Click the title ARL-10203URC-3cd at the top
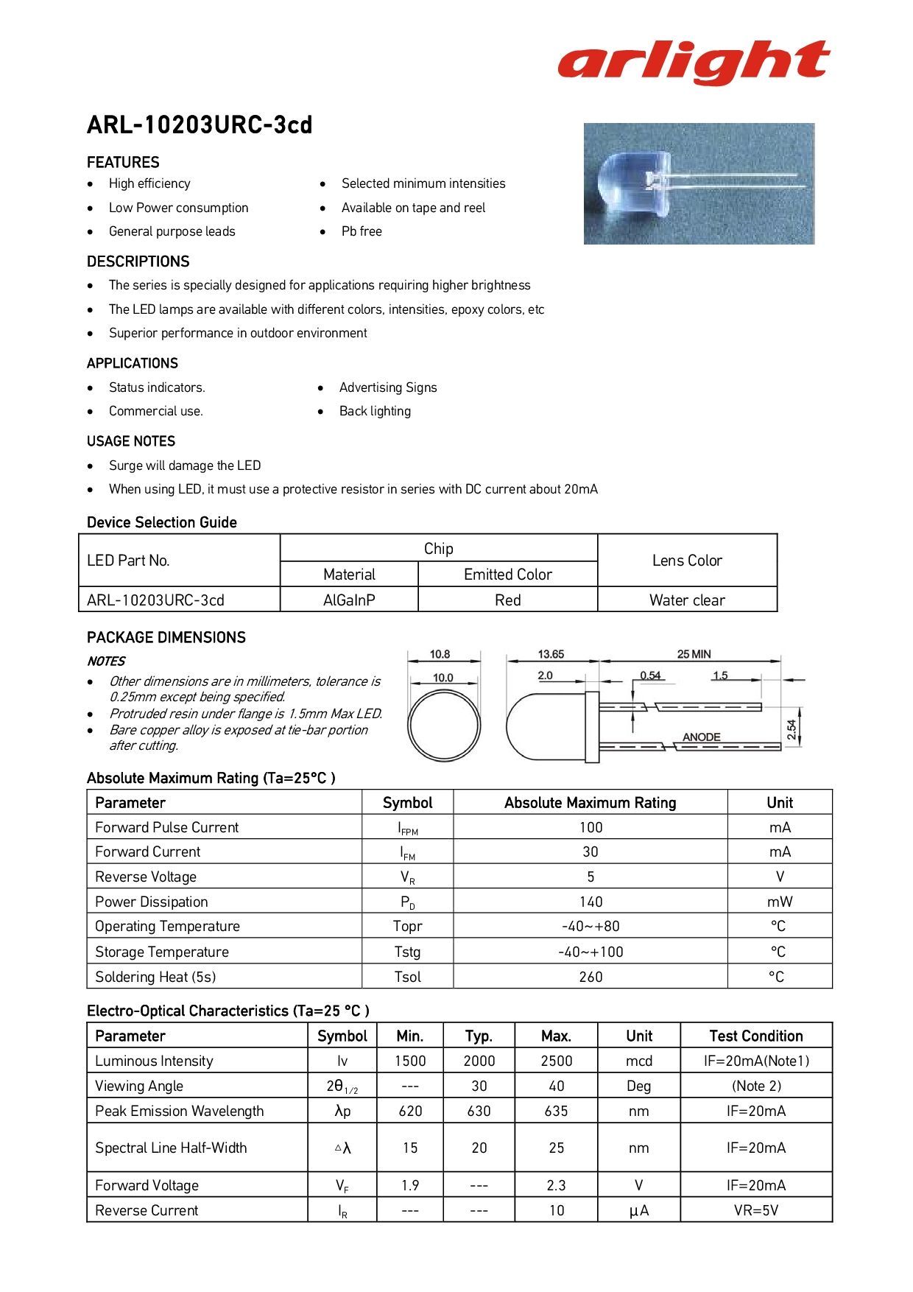click(x=200, y=125)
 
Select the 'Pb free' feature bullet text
click(x=362, y=231)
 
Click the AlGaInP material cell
click(x=349, y=600)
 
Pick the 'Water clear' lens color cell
click(x=687, y=600)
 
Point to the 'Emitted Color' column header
click(x=507, y=575)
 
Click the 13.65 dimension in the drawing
click(x=551, y=654)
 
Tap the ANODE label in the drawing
click(x=701, y=737)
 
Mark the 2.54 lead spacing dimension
click(x=792, y=729)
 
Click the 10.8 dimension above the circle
click(x=440, y=654)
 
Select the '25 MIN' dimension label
click(x=694, y=654)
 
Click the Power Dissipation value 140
click(x=591, y=902)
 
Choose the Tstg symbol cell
click(x=407, y=952)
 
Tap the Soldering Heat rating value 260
click(x=591, y=977)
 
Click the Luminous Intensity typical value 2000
click(x=479, y=1061)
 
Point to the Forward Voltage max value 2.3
click(x=556, y=1185)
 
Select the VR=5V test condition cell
click(x=756, y=1210)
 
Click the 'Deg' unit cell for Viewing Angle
click(x=638, y=1086)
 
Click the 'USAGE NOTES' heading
click(x=131, y=441)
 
